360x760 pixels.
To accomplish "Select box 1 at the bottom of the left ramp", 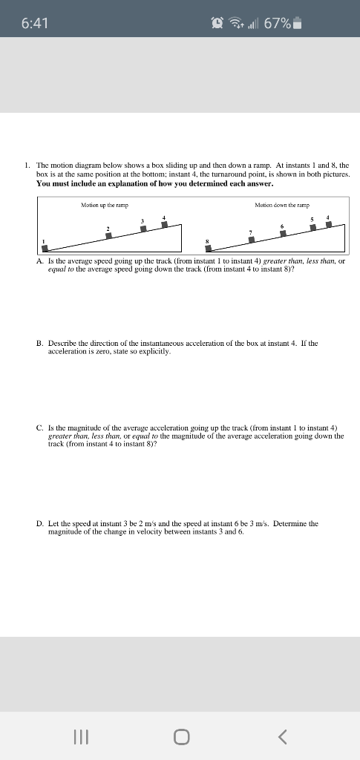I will click(45, 249).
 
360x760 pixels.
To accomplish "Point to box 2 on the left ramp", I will click(108, 235).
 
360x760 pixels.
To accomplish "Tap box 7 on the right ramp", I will click(251, 240).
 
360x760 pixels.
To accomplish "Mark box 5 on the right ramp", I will click(313, 227).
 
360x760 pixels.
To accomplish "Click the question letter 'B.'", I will click(40, 344).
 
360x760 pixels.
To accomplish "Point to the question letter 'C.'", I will click(40, 428).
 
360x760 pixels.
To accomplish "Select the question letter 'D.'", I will click(40, 523).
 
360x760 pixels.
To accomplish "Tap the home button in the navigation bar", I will click(180, 736).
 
